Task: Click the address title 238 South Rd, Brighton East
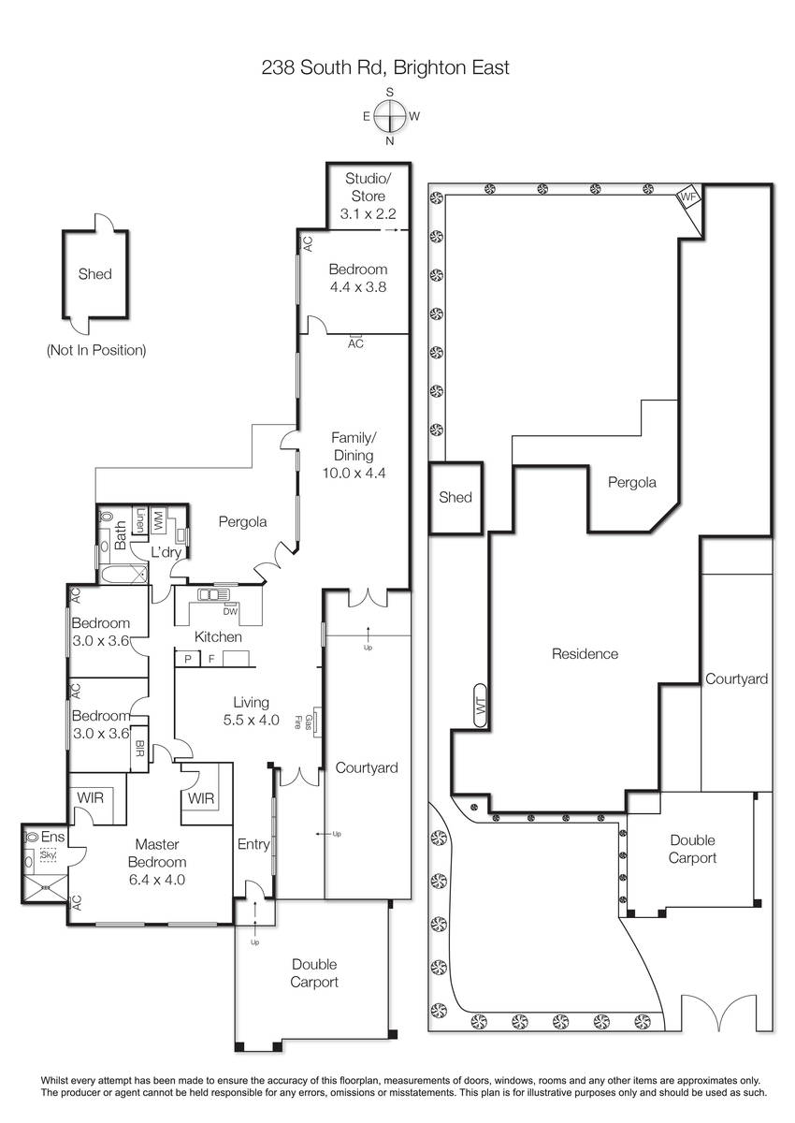[385, 67]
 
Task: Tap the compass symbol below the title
[390, 116]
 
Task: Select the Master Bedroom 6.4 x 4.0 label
[157, 861]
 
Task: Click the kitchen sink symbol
[213, 595]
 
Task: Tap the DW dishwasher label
[230, 611]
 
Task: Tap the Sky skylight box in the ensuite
[48, 854]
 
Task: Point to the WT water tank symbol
[481, 706]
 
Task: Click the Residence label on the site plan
[585, 654]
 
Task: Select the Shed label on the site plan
[455, 497]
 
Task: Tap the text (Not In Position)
[96, 350]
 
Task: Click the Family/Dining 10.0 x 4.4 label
[354, 455]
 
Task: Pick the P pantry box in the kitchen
[188, 658]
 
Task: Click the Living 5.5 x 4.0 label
[251, 711]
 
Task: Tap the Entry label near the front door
[253, 844]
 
